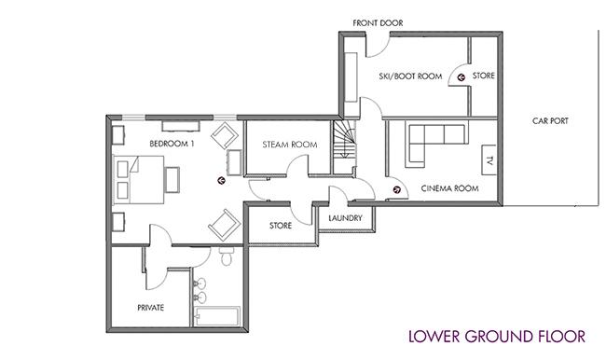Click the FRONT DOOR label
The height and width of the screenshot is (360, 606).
coord(378,23)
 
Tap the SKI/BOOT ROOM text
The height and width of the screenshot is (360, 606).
coord(410,76)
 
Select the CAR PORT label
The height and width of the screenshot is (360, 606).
coord(550,120)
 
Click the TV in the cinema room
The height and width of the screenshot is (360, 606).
coord(489,159)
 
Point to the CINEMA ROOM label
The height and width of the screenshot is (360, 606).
coord(449,188)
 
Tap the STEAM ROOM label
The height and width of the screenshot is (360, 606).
coord(290,145)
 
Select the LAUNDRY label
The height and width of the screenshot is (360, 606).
coord(345,218)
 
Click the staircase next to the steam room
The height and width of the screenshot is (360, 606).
coord(345,144)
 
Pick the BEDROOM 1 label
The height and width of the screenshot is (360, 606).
coord(172,144)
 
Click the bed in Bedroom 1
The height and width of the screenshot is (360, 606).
coord(138,179)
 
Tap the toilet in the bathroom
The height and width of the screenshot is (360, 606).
coord(227,256)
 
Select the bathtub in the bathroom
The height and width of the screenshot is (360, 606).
coord(217,316)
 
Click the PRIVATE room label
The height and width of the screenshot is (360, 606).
coord(151,308)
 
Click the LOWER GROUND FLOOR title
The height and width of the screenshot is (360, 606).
coord(497,337)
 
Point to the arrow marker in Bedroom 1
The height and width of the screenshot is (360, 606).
coord(221,180)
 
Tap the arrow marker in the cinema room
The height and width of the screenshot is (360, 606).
coord(396,189)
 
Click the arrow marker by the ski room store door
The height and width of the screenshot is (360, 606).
coord(461,77)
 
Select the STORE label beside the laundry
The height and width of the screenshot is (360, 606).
coord(281,226)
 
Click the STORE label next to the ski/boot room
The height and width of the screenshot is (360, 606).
coord(484,76)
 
